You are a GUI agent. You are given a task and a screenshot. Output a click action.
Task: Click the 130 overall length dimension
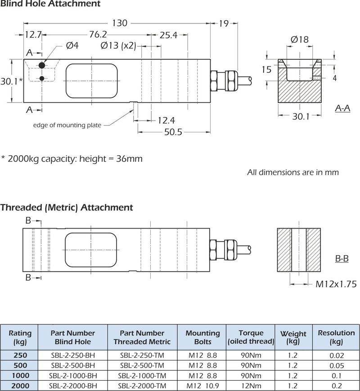point(119,23)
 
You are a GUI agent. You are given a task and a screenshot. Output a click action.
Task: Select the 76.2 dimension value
point(98,35)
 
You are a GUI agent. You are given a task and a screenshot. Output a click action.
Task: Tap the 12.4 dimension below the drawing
point(166,121)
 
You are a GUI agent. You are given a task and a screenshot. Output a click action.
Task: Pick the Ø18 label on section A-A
point(300,40)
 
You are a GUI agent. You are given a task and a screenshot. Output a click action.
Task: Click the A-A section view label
point(343,108)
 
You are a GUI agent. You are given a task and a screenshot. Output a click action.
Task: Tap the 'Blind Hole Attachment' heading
point(50,4)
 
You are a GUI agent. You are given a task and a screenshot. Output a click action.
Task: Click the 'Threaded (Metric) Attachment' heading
point(67,207)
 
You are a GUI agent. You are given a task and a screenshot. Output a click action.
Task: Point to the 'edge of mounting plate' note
point(67,125)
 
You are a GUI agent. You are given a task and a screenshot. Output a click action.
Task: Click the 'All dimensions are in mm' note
point(293,172)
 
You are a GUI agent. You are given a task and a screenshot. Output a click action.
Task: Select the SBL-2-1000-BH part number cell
point(73,375)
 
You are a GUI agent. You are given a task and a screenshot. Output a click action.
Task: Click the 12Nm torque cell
point(251,386)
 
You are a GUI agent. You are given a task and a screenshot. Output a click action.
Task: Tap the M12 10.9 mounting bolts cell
point(202,386)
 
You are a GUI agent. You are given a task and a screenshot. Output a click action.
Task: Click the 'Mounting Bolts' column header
point(202,337)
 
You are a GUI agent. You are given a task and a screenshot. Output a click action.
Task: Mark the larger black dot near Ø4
point(42,65)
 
